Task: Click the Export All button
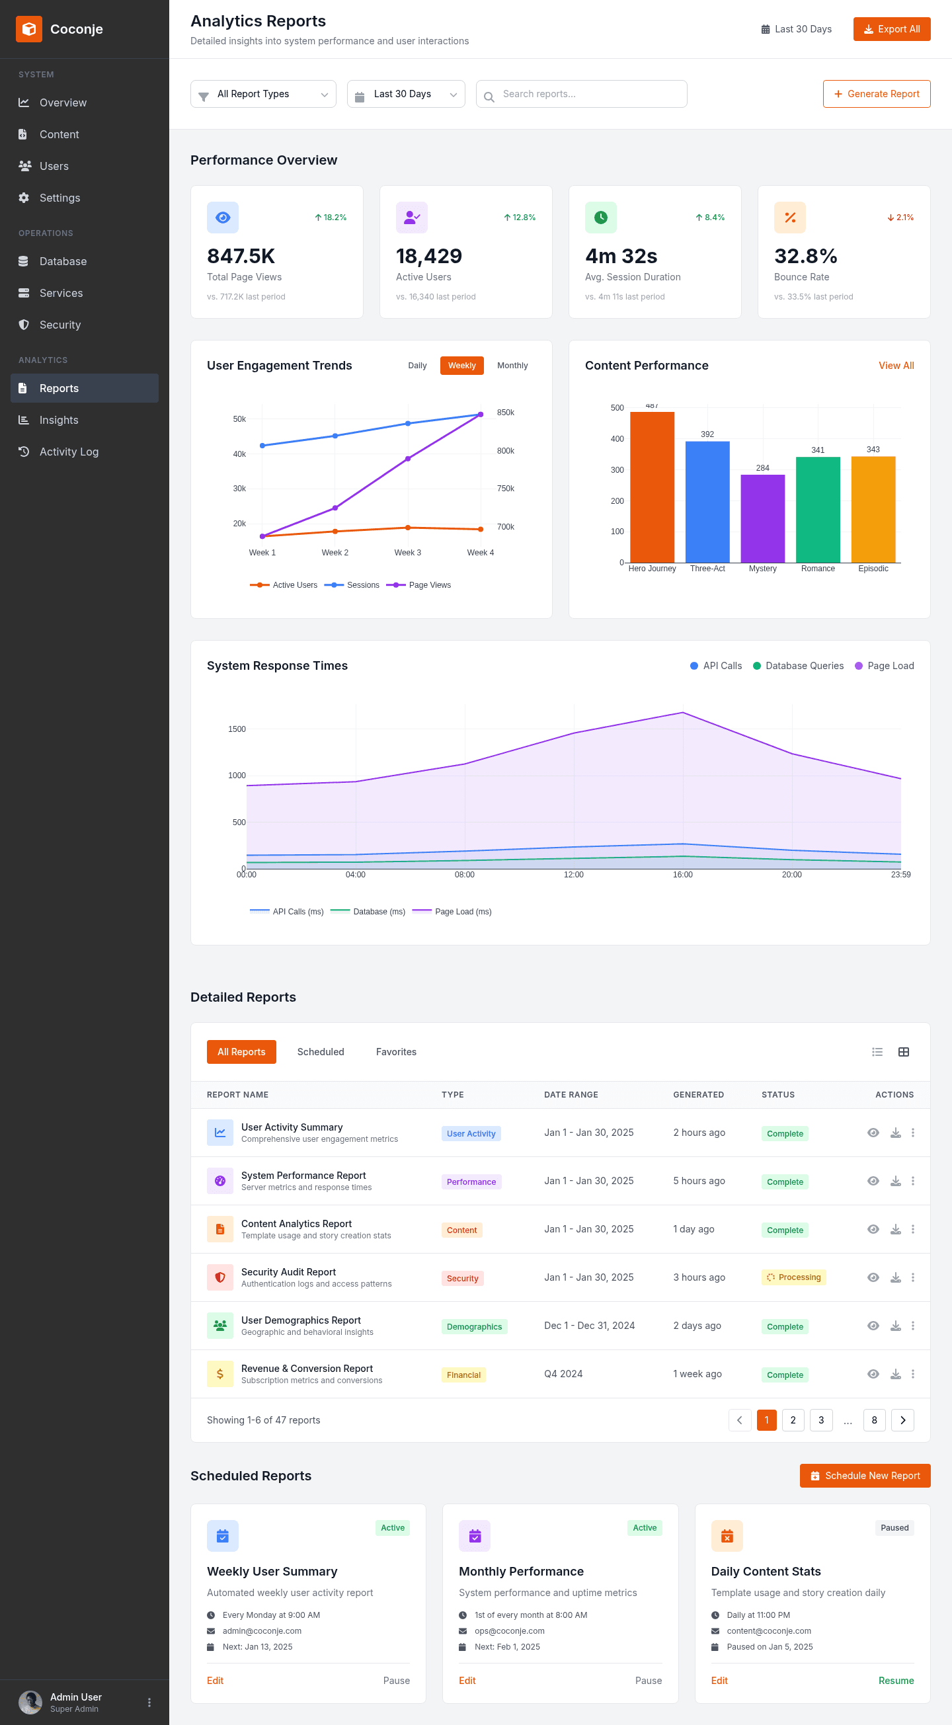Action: coord(891,29)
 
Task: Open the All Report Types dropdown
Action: coord(263,94)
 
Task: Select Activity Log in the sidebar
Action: coord(68,452)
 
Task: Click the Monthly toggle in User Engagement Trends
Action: coord(512,366)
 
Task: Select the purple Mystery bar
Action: coord(762,519)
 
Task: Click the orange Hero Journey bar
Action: coord(652,487)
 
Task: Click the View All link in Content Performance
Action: coord(896,366)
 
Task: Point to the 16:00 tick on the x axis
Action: coord(682,875)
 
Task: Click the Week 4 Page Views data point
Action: coord(481,415)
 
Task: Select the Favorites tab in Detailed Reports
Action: coord(395,1052)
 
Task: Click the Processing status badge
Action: coord(793,1277)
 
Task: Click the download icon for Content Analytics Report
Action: coord(895,1230)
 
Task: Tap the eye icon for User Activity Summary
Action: coord(873,1133)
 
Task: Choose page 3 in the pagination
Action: coord(821,1420)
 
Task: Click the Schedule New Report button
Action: coord(865,1476)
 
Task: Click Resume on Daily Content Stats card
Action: coord(896,1681)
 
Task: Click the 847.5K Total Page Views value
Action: coord(241,256)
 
